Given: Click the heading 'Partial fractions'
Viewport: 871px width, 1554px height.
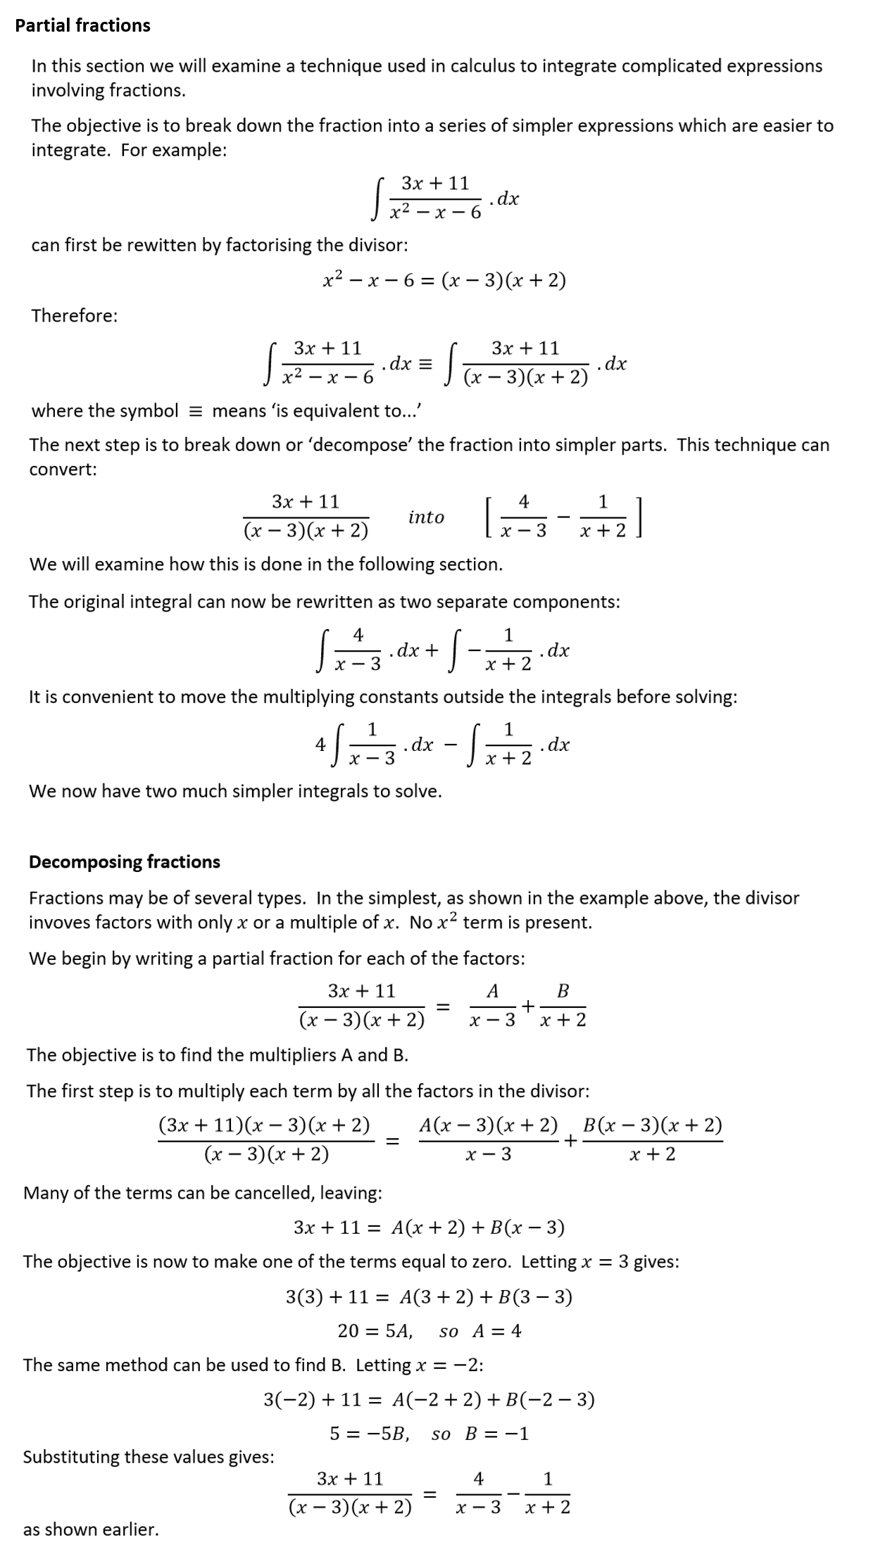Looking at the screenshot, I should [x=82, y=25].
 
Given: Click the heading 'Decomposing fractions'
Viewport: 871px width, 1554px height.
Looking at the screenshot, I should [x=124, y=862].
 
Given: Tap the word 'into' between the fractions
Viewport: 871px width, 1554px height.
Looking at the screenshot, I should [x=426, y=517].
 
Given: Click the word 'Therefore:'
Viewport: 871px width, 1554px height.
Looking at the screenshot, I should [x=74, y=315].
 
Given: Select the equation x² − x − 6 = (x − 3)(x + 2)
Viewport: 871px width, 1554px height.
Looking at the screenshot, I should [x=444, y=281].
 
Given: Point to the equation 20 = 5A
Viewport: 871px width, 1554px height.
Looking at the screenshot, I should [x=375, y=1331].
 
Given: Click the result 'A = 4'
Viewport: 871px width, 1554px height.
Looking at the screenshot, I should [x=496, y=1331].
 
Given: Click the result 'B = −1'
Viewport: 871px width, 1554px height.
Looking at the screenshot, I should [x=496, y=1434].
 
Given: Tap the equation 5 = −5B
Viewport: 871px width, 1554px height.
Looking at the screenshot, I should [x=370, y=1434].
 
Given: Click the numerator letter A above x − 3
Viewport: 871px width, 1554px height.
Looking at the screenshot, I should [x=493, y=992].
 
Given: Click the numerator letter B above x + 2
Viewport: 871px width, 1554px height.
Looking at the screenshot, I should [x=563, y=992].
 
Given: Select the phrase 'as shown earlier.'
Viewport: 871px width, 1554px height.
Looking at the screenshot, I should [x=91, y=1529].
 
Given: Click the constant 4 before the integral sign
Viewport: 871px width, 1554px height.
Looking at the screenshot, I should [x=320, y=745].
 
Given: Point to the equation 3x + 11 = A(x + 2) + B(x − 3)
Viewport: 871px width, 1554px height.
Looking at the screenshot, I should [x=429, y=1228].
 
